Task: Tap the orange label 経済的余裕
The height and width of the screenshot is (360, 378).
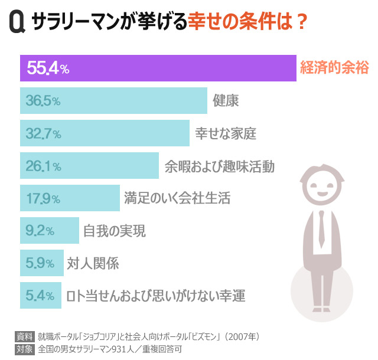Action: point(334,68)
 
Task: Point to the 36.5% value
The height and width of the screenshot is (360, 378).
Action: point(43,102)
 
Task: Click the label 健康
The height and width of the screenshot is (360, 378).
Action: point(226,102)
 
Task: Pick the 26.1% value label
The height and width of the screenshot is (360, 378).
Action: point(43,166)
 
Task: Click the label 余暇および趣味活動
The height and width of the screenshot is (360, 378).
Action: point(220,166)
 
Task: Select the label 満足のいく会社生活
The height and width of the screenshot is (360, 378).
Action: point(177,198)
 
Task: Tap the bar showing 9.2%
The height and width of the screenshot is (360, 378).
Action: point(50,231)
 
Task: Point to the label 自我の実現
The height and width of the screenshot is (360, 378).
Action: point(114,231)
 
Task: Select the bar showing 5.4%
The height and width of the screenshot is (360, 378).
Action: point(41,295)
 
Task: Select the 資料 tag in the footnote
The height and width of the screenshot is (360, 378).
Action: point(24,336)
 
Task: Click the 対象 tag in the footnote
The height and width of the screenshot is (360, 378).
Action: point(24,348)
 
